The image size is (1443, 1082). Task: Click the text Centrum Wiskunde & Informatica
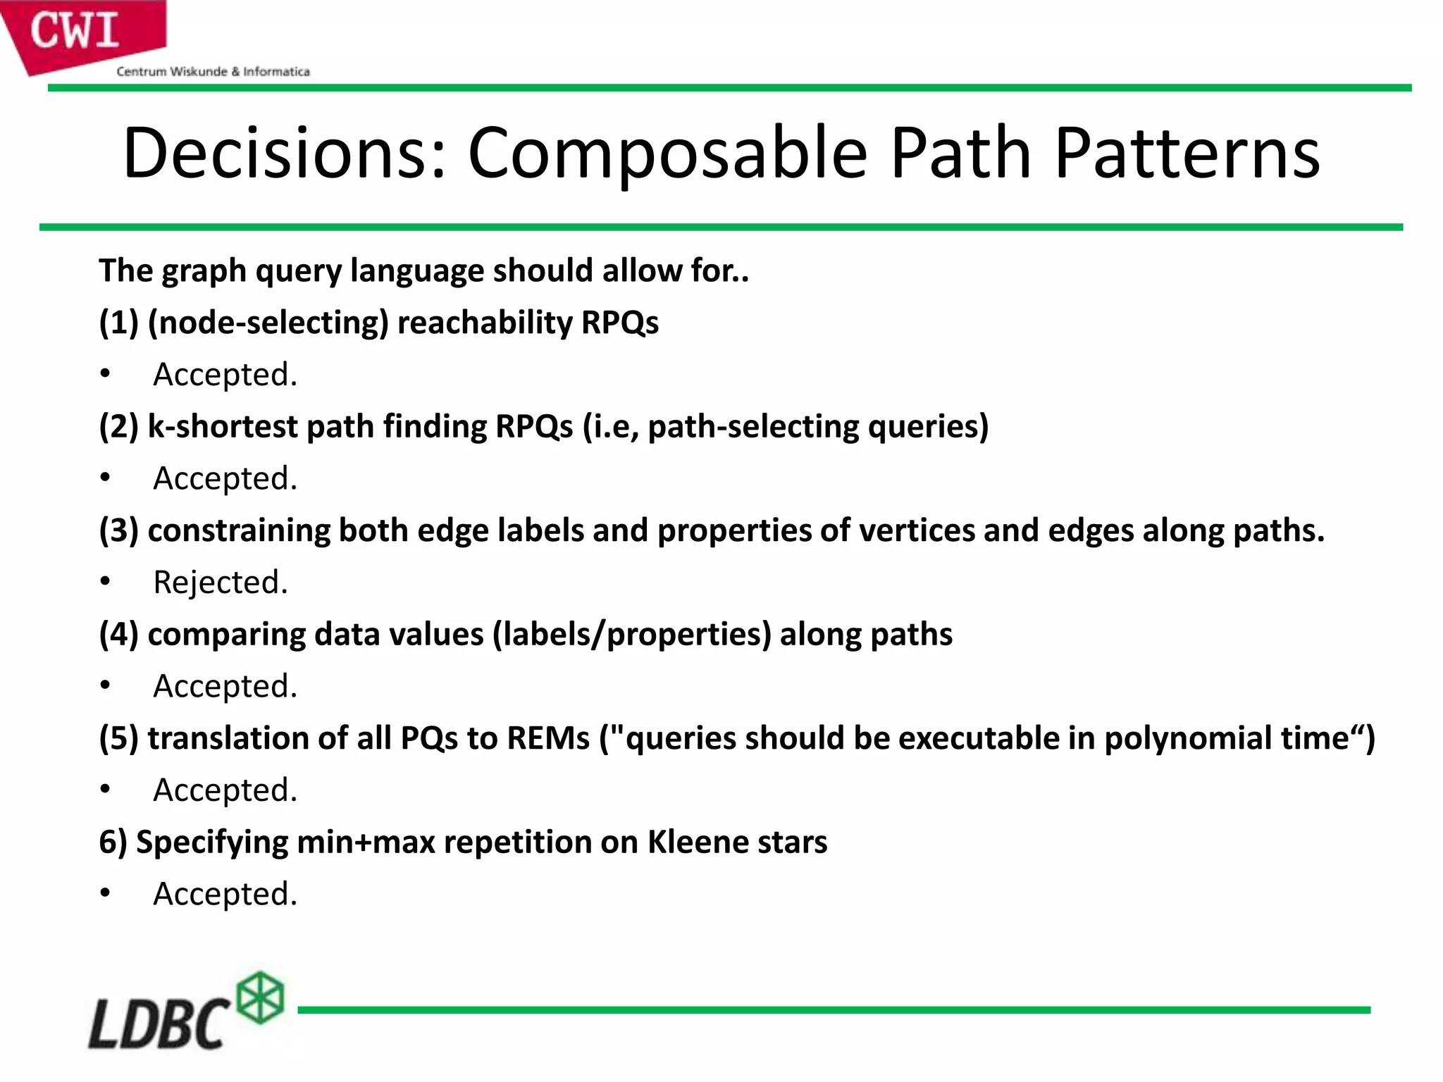(x=213, y=71)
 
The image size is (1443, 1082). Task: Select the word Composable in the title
(x=667, y=153)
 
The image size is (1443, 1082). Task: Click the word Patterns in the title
(x=1187, y=153)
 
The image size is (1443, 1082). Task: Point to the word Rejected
(x=220, y=583)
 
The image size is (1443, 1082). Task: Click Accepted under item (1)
(x=225, y=375)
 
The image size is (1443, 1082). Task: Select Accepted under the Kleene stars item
(x=225, y=894)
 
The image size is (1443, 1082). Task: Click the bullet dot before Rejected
(x=105, y=581)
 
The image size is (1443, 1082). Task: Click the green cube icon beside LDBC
(x=260, y=997)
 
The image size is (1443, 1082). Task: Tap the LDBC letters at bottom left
(x=158, y=1023)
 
